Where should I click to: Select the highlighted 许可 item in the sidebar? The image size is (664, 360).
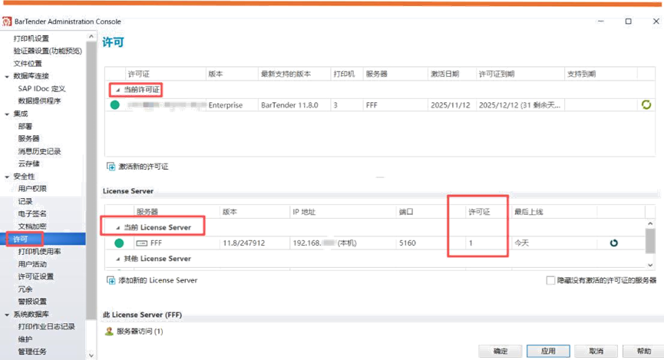pos(21,239)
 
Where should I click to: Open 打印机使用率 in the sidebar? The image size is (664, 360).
pos(40,252)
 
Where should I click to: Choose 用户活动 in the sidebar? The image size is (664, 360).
pos(32,264)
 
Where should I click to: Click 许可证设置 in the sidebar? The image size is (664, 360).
pos(36,276)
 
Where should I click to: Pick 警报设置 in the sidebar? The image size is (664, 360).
pos(32,302)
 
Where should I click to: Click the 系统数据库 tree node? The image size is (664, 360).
pos(33,314)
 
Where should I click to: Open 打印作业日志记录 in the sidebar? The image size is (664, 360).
pos(46,326)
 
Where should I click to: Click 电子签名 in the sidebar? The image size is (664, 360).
pos(32,213)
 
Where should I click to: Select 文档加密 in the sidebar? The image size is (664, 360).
pos(32,226)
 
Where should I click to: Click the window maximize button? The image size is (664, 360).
pos(629,21)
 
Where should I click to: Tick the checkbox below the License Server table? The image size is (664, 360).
pos(550,280)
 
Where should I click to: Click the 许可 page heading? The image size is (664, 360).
pos(113,42)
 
